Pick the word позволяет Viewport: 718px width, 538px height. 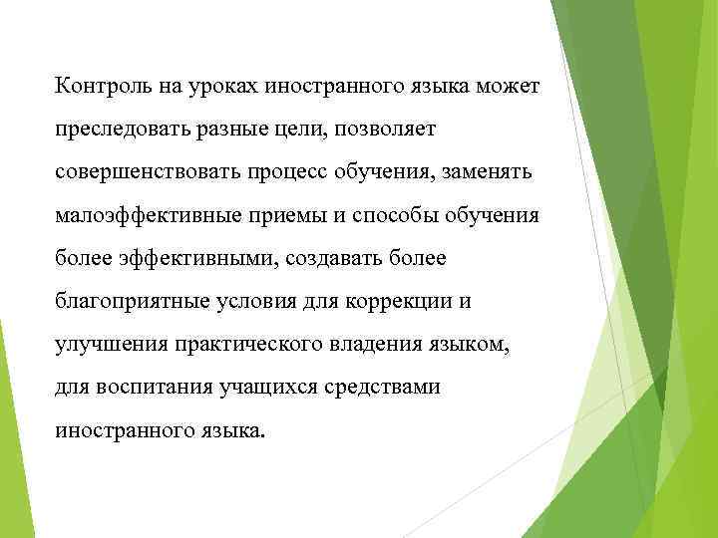[x=382, y=130]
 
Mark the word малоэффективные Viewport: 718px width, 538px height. [x=138, y=215]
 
